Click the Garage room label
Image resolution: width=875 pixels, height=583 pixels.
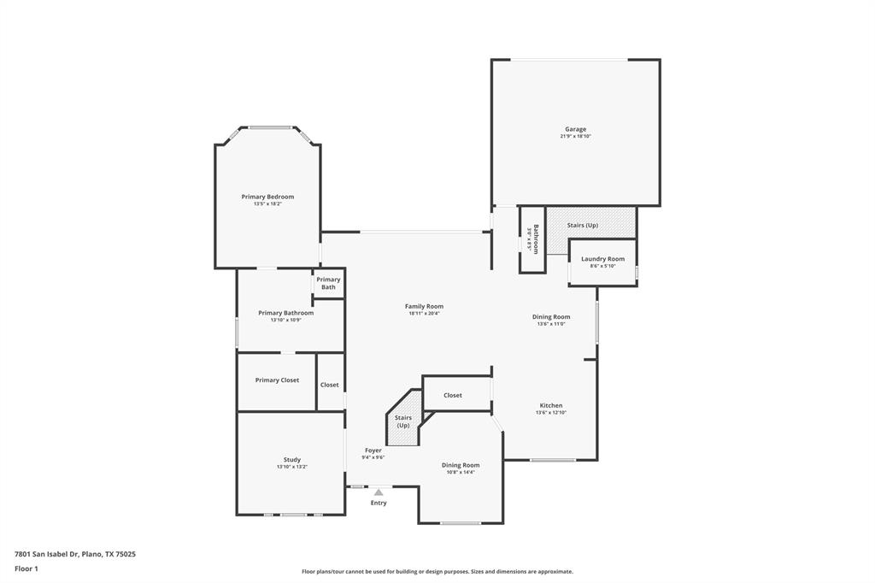(x=575, y=129)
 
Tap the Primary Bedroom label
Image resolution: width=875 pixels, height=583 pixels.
(x=267, y=197)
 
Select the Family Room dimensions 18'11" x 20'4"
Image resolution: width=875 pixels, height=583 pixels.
(x=424, y=314)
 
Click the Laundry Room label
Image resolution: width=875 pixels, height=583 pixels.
(x=602, y=259)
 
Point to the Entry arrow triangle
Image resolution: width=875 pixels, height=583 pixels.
(x=379, y=492)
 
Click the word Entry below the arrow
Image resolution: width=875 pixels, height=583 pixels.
(x=379, y=503)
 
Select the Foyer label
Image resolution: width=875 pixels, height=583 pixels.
(x=373, y=450)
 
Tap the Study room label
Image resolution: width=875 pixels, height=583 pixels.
(x=292, y=460)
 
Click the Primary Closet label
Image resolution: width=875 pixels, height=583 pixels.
(x=277, y=380)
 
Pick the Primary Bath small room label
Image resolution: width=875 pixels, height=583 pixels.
(x=328, y=283)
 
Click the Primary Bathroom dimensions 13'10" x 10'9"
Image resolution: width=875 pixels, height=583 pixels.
(x=286, y=320)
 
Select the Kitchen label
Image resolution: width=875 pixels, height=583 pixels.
(x=551, y=405)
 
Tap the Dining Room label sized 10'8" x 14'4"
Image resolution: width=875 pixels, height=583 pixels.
(x=461, y=465)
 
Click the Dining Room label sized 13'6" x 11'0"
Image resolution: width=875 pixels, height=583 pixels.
(x=551, y=316)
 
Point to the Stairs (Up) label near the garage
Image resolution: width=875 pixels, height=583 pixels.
(x=583, y=225)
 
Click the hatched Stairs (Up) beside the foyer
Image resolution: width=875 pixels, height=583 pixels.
(x=402, y=421)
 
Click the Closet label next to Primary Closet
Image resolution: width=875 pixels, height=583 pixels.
(x=330, y=385)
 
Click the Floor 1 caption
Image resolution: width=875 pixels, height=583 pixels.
(x=26, y=568)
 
